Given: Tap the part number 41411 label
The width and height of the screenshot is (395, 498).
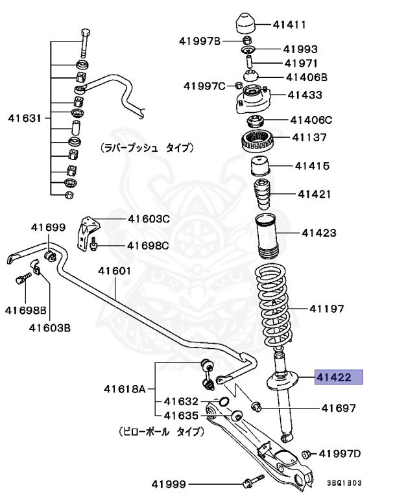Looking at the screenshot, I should tap(289, 25).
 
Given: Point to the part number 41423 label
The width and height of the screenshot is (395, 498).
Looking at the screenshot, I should tap(318, 231).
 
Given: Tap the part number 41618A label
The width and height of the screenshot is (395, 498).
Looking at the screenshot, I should tap(125, 390).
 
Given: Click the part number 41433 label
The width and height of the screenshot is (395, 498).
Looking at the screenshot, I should tap(305, 95).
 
